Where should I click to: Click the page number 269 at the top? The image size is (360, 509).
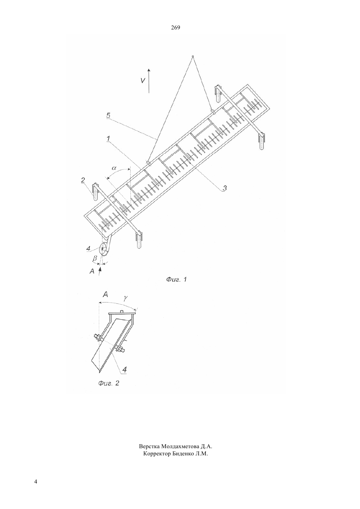[175, 28]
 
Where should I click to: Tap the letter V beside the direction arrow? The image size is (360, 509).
[143, 80]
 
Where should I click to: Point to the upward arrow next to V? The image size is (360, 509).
[149, 81]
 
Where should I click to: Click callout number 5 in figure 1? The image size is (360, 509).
[108, 115]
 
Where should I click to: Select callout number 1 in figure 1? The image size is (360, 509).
[108, 138]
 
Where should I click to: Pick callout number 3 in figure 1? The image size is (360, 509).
[225, 188]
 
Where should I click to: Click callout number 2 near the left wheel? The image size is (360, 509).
[83, 180]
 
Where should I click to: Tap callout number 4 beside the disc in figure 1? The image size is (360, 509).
[88, 249]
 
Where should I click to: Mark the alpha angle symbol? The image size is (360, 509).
[114, 168]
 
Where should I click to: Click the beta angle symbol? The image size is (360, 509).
[95, 258]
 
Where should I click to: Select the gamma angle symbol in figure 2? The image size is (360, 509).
[125, 299]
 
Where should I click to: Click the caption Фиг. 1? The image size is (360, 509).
[176, 279]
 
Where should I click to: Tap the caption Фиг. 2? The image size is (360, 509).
[109, 383]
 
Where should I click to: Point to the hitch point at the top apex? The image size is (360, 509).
[192, 56]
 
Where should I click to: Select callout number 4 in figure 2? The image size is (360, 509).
[124, 369]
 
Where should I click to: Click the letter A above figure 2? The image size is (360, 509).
[105, 295]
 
